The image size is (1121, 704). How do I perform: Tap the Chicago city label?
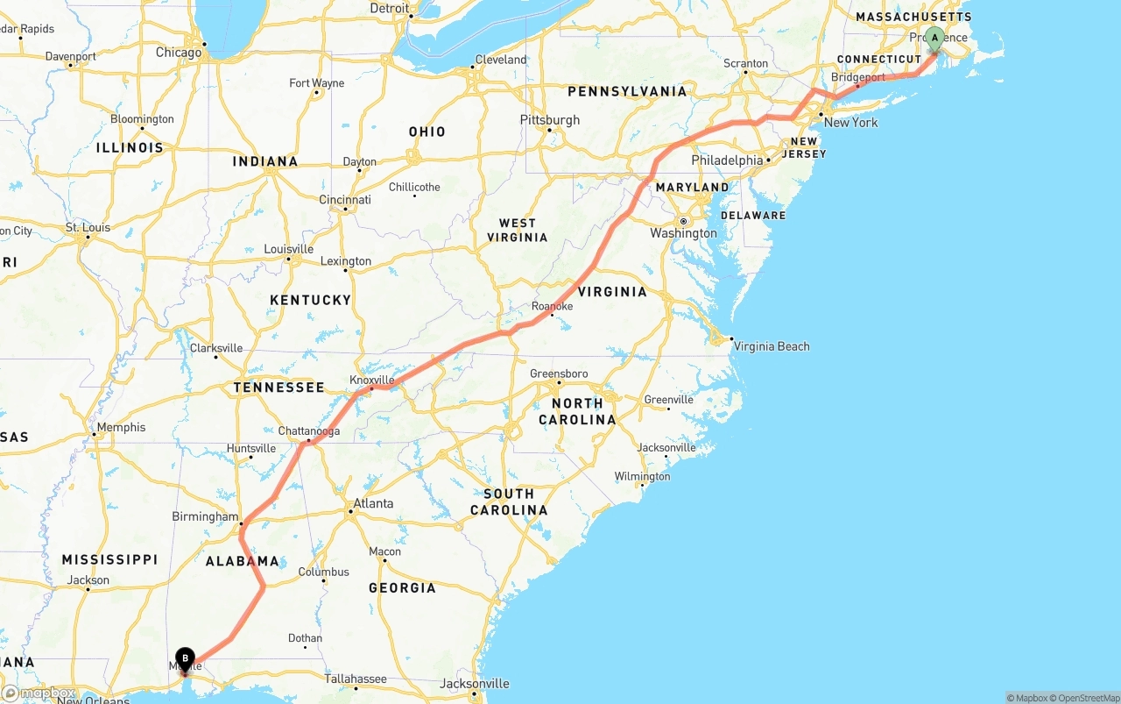(x=179, y=53)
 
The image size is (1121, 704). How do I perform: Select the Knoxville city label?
(x=372, y=380)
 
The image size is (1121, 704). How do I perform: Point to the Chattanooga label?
(x=308, y=431)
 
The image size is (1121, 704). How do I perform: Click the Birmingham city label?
(x=205, y=516)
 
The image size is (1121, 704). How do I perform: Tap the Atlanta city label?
(x=372, y=504)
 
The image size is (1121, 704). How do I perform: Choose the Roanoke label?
(x=552, y=306)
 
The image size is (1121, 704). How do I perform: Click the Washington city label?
(x=683, y=233)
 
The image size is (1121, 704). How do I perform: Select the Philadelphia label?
(x=727, y=160)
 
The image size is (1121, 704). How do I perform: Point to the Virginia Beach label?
(x=772, y=346)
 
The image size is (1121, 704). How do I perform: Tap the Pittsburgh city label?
(x=549, y=119)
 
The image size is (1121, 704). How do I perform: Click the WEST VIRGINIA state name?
(x=523, y=230)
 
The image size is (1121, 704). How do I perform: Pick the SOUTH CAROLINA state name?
(x=509, y=501)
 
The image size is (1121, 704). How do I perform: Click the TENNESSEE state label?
(x=278, y=387)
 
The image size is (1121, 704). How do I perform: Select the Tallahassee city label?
(x=356, y=679)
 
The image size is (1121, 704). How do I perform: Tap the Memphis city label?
(x=122, y=428)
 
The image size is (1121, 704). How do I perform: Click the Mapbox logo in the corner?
(x=39, y=693)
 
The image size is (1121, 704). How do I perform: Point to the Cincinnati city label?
(x=344, y=200)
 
